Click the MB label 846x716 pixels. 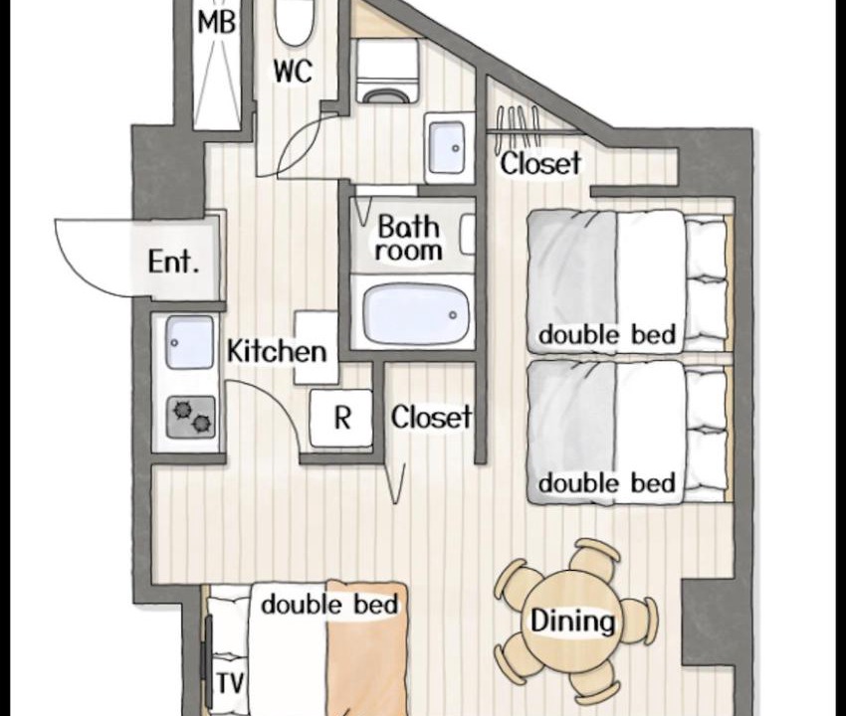click(217, 24)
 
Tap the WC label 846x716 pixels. click(293, 72)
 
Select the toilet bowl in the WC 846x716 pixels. click(293, 22)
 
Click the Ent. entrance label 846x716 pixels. click(173, 263)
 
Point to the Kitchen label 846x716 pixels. click(277, 351)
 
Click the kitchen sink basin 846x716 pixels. click(189, 343)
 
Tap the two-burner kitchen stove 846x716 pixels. click(190, 417)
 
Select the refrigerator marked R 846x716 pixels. click(341, 418)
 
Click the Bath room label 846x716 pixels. click(408, 239)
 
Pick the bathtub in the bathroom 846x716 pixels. click(415, 314)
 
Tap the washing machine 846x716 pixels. click(389, 72)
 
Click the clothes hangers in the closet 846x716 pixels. click(518, 127)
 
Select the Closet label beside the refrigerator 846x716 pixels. click(431, 418)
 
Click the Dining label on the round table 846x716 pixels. click(572, 622)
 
